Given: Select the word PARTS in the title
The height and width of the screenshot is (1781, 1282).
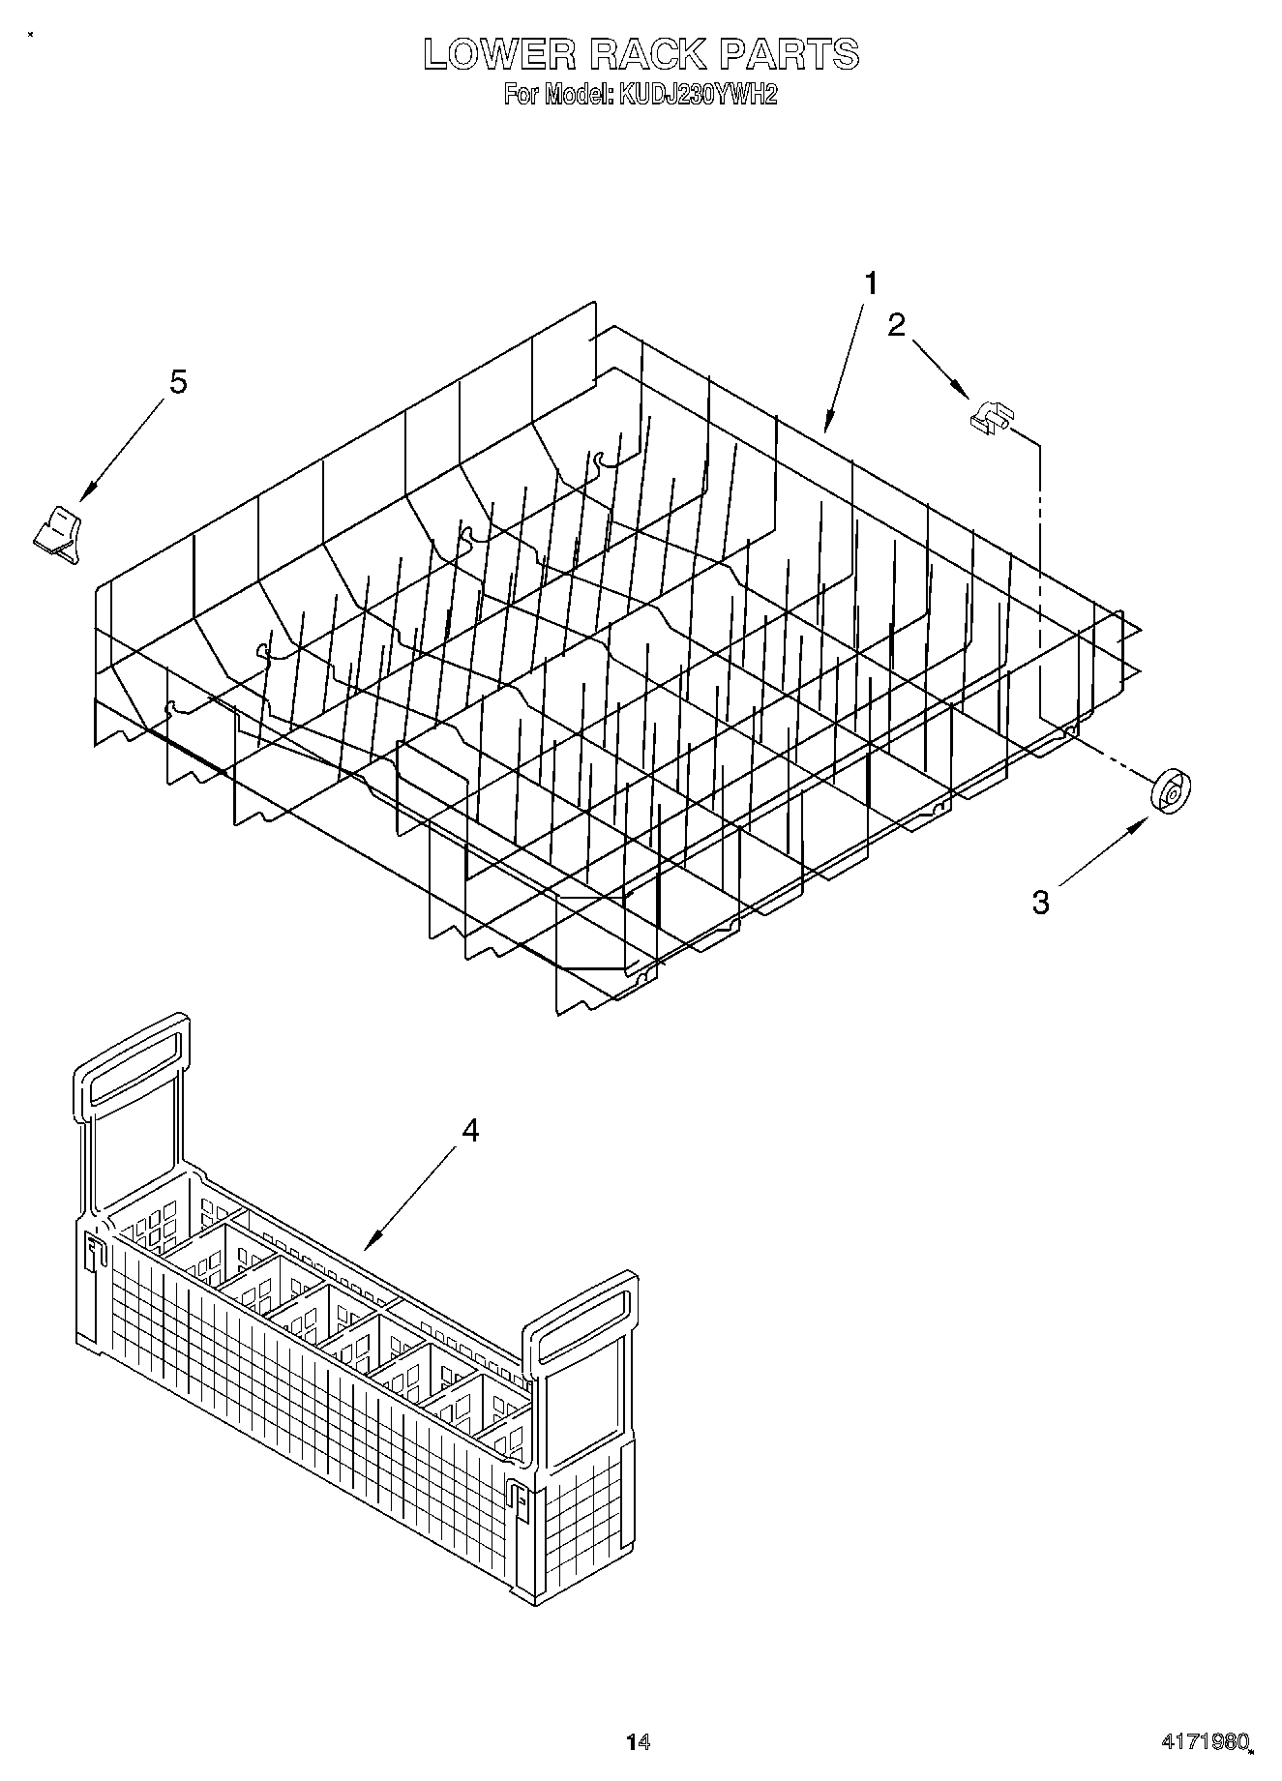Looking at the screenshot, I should [789, 54].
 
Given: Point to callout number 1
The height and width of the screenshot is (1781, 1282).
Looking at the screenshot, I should [872, 283].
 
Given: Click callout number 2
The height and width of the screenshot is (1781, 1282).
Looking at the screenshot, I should [897, 325].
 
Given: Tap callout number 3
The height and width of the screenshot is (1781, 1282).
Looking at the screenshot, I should [1040, 903].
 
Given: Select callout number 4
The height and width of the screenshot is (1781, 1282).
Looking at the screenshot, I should [469, 1130].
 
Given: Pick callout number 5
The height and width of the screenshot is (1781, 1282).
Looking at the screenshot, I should [178, 382].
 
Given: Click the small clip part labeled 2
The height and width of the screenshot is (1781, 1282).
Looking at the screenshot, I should [989, 418].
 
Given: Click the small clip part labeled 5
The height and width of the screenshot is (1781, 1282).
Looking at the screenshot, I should [58, 532].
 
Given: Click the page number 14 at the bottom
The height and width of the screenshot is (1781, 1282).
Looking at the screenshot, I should [638, 1740].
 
